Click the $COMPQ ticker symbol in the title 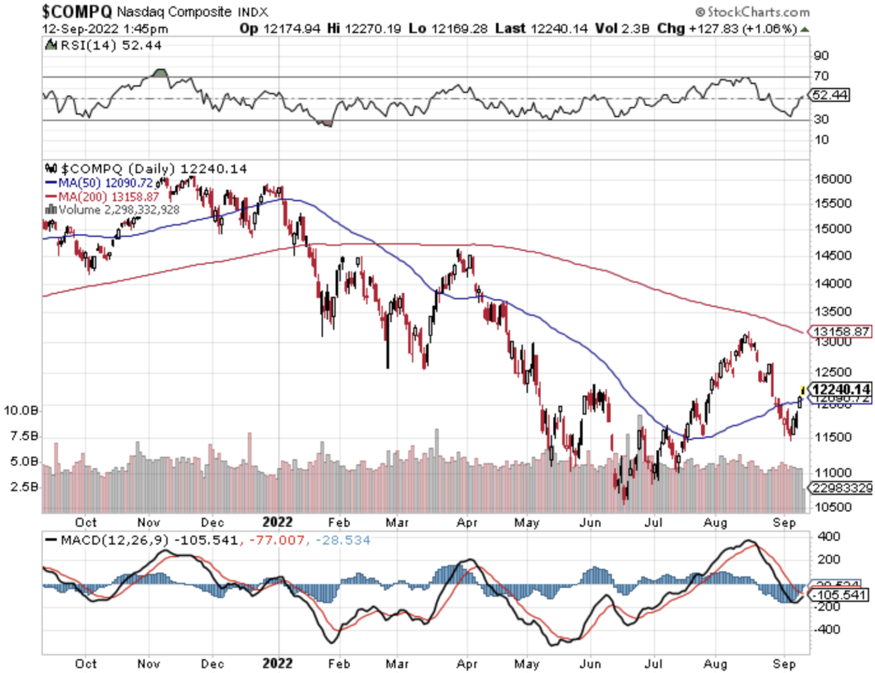coord(76,11)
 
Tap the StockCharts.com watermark coord(752,12)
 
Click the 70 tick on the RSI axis coord(821,76)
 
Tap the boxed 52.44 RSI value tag coord(830,95)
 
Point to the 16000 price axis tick coord(833,179)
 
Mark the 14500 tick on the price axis coord(833,255)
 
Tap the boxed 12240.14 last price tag coord(841,389)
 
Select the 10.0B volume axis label coord(21,411)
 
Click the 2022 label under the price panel coord(277,522)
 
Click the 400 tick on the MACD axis coord(829,536)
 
